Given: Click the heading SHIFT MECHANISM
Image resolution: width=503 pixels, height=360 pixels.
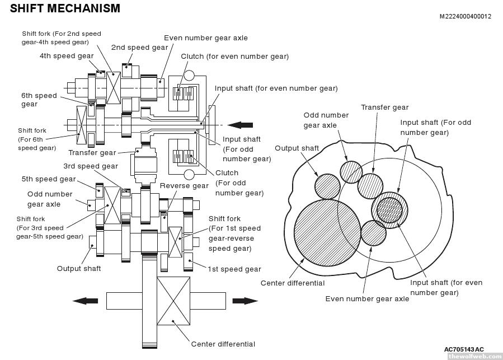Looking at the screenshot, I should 65,8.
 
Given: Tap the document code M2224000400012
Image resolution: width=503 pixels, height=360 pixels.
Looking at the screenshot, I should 465,16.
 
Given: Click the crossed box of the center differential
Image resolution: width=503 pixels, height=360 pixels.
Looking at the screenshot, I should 174,301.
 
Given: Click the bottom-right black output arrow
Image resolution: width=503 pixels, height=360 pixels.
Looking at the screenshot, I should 245,301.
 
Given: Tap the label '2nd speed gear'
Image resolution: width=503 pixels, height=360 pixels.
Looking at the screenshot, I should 139,48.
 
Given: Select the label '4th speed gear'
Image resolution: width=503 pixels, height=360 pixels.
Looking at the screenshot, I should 67,56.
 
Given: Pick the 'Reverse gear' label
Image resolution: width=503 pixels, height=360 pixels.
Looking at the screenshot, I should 184,186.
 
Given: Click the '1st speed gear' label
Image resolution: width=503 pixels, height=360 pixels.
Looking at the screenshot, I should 234,269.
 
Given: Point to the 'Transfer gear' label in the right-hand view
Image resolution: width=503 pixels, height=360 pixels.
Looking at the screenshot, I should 384,107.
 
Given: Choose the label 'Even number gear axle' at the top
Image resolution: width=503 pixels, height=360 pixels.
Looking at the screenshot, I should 205,38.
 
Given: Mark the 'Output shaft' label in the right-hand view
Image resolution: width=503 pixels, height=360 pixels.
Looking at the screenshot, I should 297,148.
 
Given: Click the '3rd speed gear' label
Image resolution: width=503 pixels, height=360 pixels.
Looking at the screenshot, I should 90,166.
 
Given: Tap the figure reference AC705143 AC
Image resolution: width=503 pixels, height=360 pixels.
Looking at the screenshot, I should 464,349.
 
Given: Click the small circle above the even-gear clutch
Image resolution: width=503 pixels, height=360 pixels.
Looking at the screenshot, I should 189,76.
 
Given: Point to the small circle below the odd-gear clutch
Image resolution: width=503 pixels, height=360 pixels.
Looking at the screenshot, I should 189,175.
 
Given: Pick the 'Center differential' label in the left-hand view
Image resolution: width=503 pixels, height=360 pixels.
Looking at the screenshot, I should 223,344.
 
